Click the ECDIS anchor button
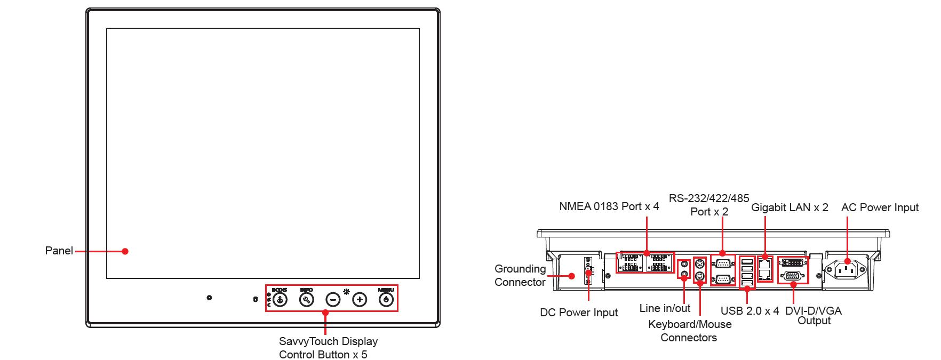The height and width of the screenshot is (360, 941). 280,300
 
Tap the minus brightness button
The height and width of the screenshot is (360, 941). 333,300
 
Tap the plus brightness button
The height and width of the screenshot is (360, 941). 360,300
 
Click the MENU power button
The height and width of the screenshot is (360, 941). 386,300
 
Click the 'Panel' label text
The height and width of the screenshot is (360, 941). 59,251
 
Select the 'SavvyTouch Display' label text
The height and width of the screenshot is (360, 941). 328,341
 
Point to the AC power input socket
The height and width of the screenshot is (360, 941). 847,270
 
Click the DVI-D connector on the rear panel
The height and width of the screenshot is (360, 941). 793,263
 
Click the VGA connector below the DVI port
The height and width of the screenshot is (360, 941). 792,276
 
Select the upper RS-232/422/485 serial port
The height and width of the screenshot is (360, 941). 723,263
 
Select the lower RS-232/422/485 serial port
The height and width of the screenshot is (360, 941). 723,278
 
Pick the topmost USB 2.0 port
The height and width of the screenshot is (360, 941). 747,262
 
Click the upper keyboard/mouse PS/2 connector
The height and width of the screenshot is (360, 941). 700,265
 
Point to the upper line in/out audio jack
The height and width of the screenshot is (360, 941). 684,265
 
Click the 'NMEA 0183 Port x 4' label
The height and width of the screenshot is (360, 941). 609,206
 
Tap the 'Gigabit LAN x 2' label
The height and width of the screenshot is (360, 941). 790,207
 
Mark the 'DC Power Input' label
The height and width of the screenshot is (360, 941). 579,313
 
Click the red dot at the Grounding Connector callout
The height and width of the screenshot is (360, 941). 571,276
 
